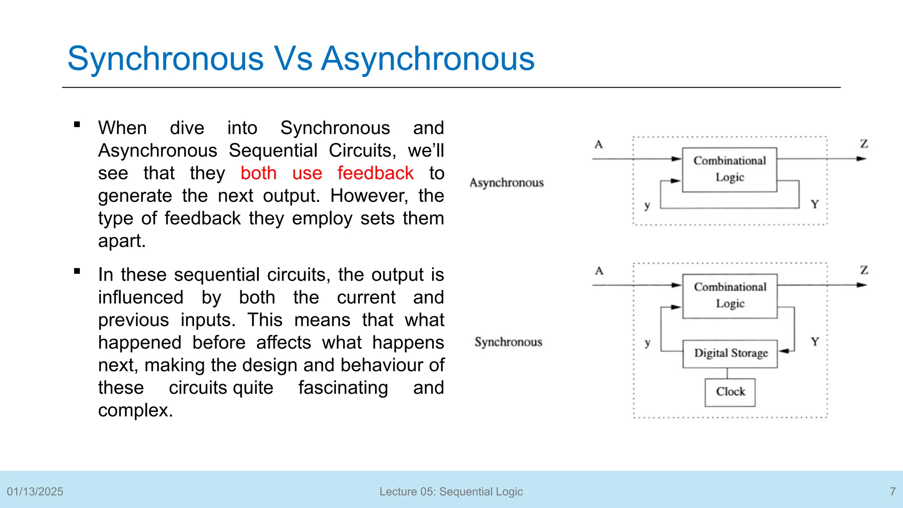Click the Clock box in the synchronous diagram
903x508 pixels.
(730, 392)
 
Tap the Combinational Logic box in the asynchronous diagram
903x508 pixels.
(729, 169)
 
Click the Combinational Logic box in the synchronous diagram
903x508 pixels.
(730, 295)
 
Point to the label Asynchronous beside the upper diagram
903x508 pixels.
(507, 183)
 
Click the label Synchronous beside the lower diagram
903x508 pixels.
(508, 342)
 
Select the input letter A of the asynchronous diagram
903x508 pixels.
(598, 145)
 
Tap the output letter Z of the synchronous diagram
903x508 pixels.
(864, 270)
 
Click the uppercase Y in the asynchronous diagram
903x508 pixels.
(814, 204)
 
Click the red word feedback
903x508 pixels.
(375, 173)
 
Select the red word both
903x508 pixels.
(258, 173)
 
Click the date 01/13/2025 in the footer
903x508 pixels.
(35, 492)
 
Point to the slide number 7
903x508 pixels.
(892, 492)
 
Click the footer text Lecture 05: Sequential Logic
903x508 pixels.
(451, 492)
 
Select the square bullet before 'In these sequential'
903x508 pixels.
(77, 271)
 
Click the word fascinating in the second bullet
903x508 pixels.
(343, 388)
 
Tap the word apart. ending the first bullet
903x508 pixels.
(122, 241)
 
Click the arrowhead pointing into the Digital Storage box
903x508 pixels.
(783, 351)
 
